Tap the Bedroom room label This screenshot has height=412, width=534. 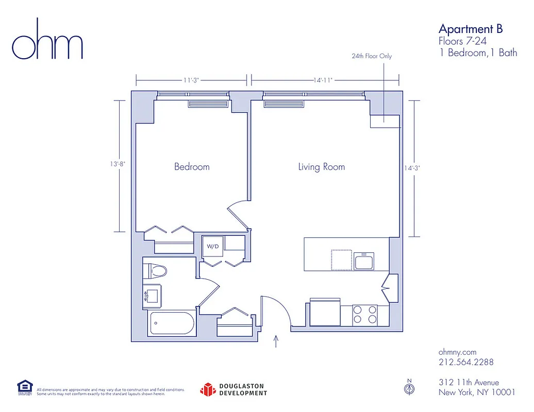click(192, 166)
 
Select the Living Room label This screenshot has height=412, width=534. click(321, 166)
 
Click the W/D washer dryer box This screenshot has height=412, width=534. click(213, 246)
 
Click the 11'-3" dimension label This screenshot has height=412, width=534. click(191, 80)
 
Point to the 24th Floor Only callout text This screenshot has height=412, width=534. click(372, 56)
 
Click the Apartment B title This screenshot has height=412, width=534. click(470, 28)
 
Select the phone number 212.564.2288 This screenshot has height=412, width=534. click(466, 362)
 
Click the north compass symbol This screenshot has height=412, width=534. click(409, 388)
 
